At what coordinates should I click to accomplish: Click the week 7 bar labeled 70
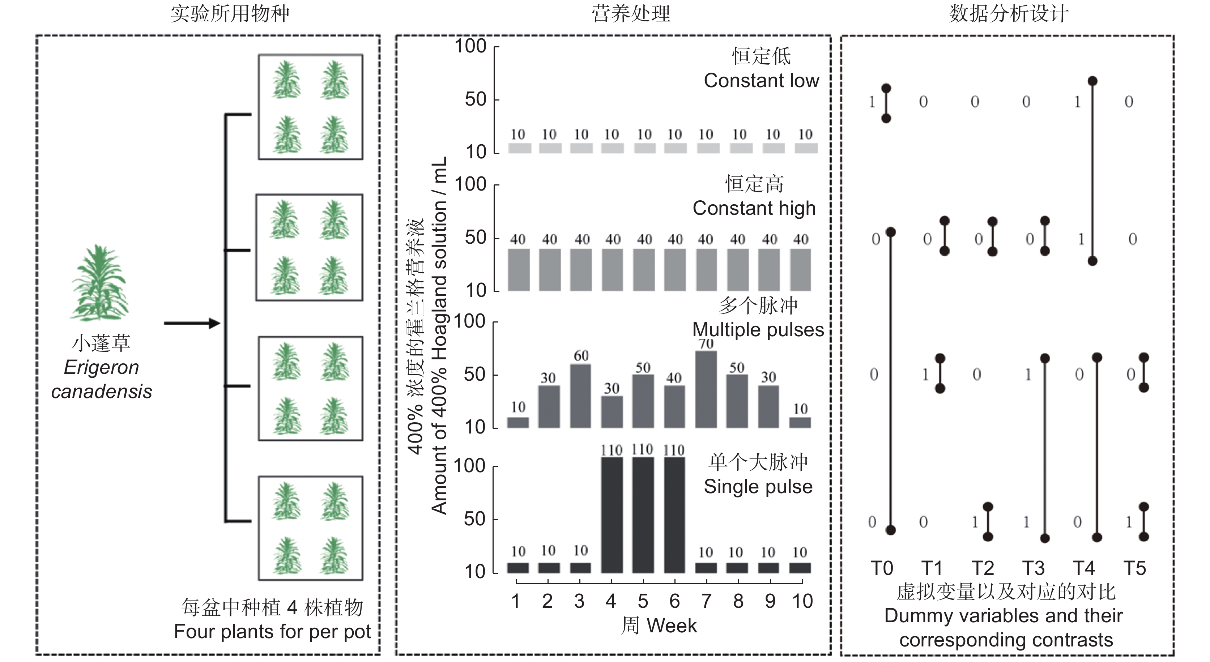(706, 389)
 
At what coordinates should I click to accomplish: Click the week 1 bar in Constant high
(519, 270)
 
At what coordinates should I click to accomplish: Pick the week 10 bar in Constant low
(806, 148)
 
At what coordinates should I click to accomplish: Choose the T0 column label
(882, 569)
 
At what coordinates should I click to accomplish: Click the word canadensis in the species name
(102, 391)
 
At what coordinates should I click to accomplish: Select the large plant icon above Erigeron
(99, 283)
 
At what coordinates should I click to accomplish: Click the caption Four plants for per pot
(272, 632)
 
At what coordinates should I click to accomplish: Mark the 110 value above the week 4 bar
(612, 450)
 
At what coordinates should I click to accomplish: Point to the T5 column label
(1134, 569)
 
